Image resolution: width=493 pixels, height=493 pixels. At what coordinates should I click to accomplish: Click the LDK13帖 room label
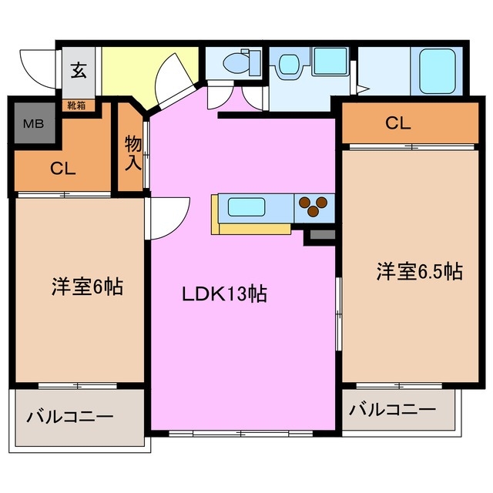tap(224, 293)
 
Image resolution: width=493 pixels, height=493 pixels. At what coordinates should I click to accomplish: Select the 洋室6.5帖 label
tap(419, 271)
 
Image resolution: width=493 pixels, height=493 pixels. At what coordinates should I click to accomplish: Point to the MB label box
tap(33, 122)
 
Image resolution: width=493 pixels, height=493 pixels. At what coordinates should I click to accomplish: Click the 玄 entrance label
tap(79, 71)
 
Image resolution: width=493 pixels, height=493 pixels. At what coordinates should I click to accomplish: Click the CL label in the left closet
tap(63, 169)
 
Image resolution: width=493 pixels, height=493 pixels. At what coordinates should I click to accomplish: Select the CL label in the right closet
tap(398, 122)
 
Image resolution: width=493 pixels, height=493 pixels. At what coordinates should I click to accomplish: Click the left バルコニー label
tap(70, 418)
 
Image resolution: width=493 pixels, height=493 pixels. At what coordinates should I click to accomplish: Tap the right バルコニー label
tap(391, 409)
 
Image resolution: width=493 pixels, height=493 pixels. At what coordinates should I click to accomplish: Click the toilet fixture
tap(236, 62)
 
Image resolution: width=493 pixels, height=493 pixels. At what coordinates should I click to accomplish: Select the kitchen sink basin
tap(246, 206)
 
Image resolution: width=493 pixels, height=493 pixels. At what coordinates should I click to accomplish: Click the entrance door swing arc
tap(37, 65)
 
